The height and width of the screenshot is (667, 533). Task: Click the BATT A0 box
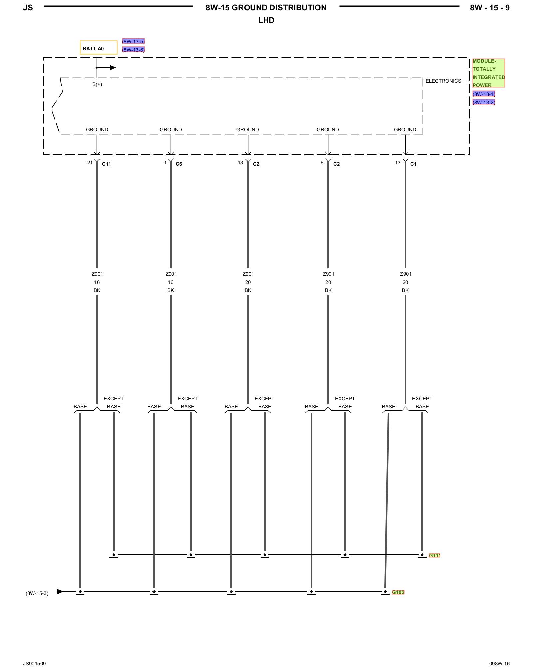click(x=98, y=48)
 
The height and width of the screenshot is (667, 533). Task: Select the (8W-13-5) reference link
click(x=133, y=41)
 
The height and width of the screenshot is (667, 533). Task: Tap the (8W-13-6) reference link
click(x=133, y=50)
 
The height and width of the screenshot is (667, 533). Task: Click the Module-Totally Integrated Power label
click(x=488, y=73)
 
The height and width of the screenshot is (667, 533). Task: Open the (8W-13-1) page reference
click(x=484, y=94)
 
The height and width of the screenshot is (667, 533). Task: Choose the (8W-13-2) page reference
click(x=484, y=102)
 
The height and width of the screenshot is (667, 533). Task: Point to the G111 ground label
click(x=434, y=555)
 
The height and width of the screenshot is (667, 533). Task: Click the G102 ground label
click(x=398, y=592)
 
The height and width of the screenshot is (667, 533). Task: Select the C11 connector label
click(x=106, y=164)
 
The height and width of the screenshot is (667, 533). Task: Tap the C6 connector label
click(x=179, y=164)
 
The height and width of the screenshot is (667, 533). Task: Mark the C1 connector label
click(x=413, y=164)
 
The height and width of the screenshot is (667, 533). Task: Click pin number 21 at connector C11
click(x=90, y=163)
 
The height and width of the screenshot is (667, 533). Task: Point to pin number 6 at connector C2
click(x=322, y=163)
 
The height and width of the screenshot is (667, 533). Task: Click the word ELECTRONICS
click(x=443, y=81)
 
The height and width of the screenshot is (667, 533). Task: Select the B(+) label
click(x=97, y=84)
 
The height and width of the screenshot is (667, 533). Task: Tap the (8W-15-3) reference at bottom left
click(x=37, y=593)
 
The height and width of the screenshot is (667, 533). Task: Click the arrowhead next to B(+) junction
click(x=113, y=68)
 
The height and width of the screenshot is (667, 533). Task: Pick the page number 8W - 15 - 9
click(x=489, y=8)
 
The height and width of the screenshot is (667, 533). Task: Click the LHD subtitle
click(x=266, y=20)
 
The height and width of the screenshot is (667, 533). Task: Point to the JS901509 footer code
click(x=34, y=663)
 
